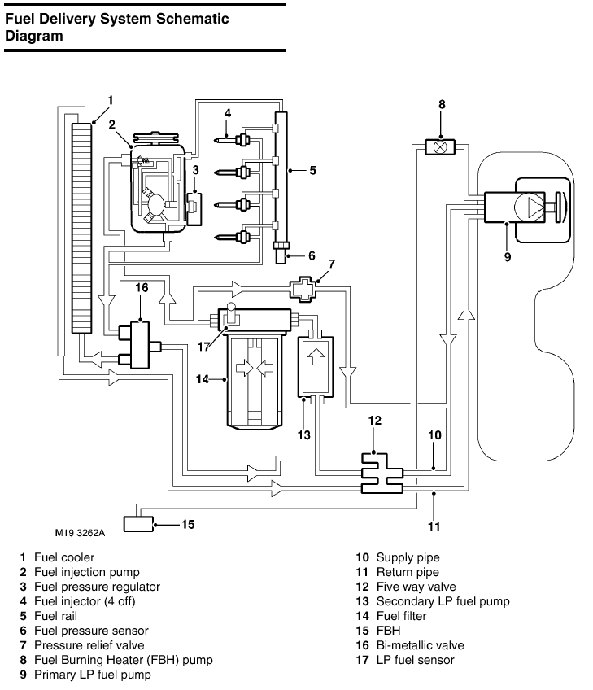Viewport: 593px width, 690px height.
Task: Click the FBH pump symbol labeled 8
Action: tap(440, 147)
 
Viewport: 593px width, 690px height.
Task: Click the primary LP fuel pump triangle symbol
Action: tap(534, 206)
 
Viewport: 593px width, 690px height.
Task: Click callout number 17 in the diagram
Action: tap(203, 346)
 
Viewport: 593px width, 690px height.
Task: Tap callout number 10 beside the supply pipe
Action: tap(435, 435)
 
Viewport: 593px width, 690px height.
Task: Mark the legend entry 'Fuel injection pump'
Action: tap(86, 572)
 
